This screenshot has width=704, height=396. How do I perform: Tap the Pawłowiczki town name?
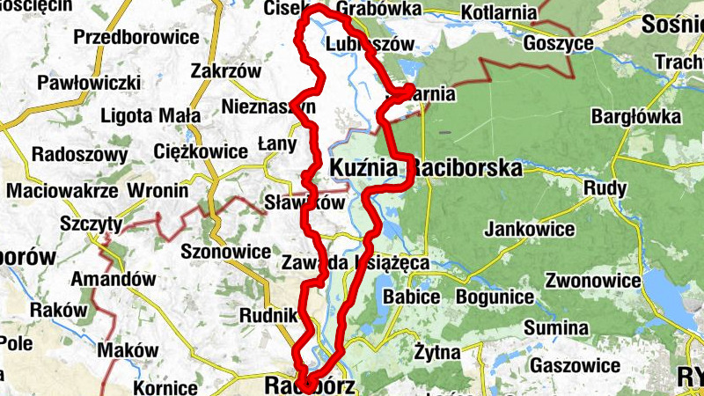(x=89, y=83)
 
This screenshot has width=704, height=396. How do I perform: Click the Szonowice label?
(x=225, y=252)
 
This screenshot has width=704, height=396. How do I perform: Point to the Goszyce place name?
(x=557, y=44)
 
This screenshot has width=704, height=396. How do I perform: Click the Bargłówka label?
(x=636, y=116)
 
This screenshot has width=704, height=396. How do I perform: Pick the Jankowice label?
(x=530, y=230)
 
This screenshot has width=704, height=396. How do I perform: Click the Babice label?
(x=410, y=297)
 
